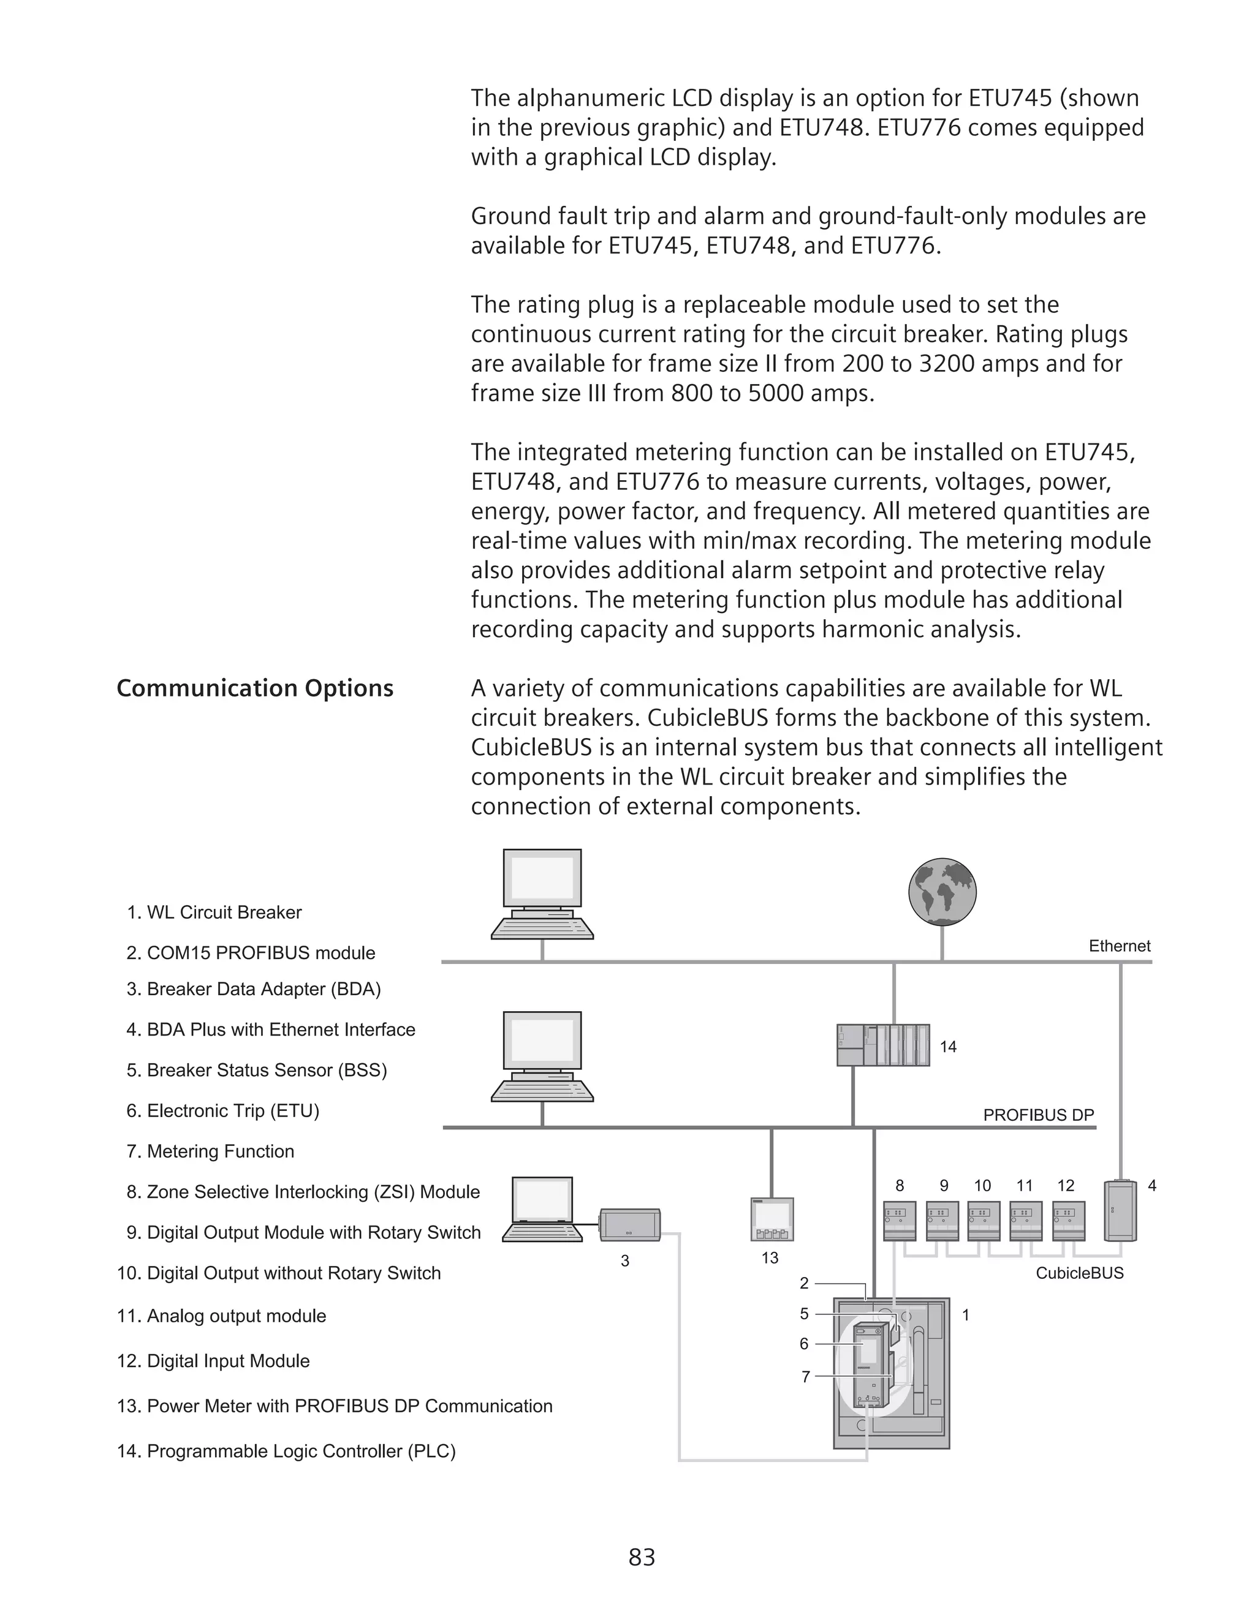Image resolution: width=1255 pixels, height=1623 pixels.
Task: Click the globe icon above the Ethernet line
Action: pos(942,892)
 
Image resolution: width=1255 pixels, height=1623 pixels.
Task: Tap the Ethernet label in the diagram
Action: pos(1119,946)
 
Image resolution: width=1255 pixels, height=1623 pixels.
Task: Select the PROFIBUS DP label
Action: pos(1038,1115)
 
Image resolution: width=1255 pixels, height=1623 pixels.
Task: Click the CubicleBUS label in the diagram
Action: pos(1080,1273)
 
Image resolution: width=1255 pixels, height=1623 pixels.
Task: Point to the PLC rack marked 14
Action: pos(883,1045)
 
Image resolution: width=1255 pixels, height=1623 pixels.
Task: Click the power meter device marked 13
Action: pos(772,1219)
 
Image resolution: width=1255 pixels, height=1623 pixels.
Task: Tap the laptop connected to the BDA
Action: pos(542,1210)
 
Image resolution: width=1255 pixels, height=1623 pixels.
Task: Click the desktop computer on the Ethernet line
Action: pos(542,895)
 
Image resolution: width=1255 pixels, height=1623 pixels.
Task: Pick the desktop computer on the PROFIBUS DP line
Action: pos(542,1056)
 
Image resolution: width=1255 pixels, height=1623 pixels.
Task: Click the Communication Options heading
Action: pos(255,688)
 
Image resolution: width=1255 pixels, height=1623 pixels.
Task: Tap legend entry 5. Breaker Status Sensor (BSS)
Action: pos(257,1070)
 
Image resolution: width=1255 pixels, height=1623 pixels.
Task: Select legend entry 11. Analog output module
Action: pos(222,1316)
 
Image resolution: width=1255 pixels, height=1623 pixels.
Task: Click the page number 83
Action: pos(642,1557)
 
